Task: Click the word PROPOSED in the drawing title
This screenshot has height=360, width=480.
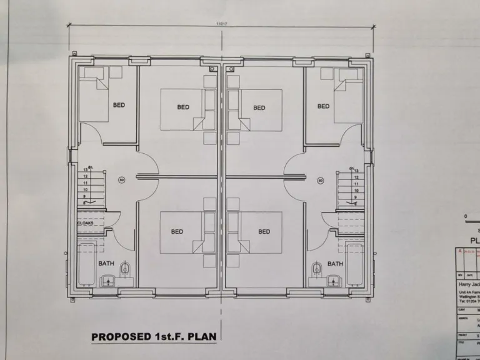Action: [x=120, y=336]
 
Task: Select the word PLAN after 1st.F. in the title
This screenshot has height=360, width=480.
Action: [x=204, y=336]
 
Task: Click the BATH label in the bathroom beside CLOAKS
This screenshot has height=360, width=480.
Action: [x=106, y=263]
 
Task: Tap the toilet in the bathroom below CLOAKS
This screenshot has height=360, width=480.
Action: [x=126, y=269]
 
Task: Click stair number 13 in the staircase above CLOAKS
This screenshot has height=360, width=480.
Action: [x=85, y=170]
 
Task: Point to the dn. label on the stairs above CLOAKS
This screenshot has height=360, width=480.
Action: [x=91, y=167]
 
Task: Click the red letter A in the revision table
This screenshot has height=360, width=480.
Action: [x=461, y=251]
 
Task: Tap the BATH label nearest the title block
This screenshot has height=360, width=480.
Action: [x=335, y=263]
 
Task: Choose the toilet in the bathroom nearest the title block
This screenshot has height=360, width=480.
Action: [x=317, y=269]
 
